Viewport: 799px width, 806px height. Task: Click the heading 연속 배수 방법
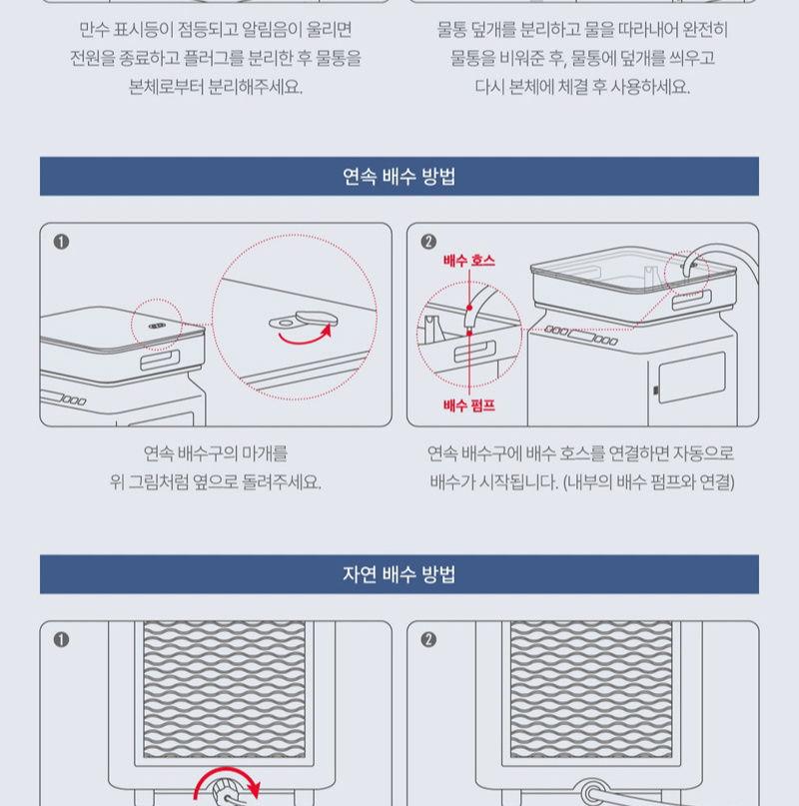pos(399,178)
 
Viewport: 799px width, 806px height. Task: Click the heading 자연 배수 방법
pos(399,575)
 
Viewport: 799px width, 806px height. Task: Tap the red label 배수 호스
pos(468,261)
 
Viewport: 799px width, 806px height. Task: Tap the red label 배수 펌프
pos(468,404)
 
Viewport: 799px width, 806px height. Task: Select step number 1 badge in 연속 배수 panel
pos(61,242)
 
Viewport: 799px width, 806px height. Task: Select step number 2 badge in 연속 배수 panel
pos(428,242)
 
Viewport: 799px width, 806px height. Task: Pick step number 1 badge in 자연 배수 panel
pos(61,639)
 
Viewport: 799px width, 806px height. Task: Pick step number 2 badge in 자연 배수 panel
pos(428,639)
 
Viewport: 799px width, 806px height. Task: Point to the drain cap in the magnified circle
pos(298,321)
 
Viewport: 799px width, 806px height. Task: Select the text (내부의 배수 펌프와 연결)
pos(648,482)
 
